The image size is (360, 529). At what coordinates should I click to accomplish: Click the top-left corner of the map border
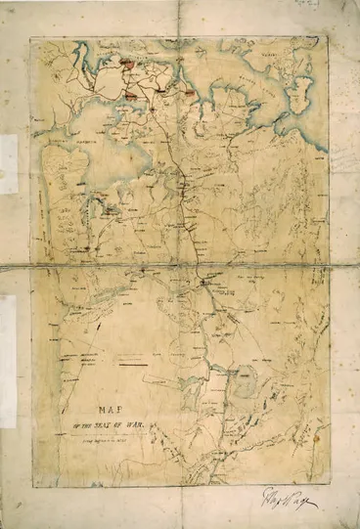30,39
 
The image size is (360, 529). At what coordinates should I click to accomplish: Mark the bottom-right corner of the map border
329,486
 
